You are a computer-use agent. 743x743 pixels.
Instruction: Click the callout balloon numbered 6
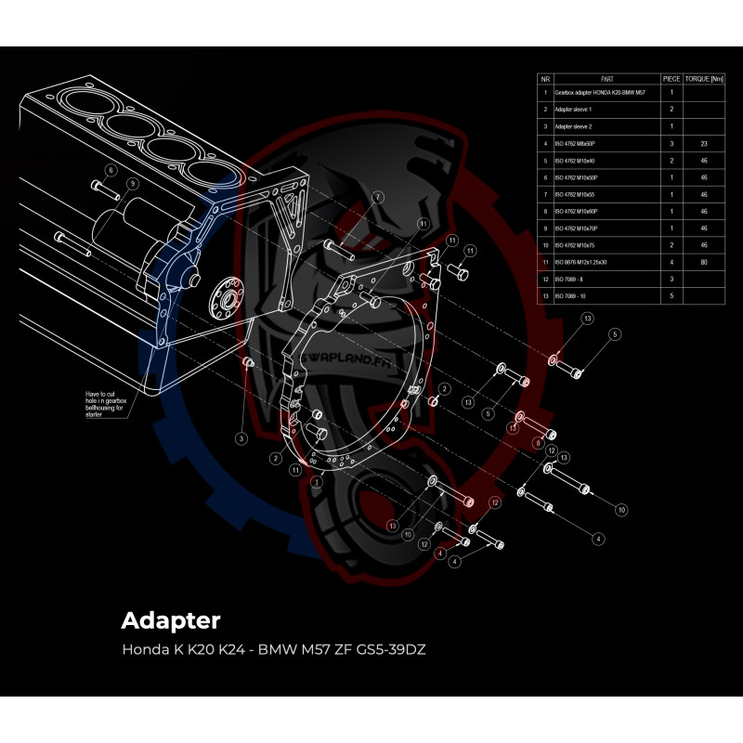point(111,171)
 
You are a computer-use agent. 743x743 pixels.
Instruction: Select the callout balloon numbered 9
point(133,183)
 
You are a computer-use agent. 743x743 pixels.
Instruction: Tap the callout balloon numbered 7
point(378,198)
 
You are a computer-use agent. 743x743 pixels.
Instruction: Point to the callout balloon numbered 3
point(241,438)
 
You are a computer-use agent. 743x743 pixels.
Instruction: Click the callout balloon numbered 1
point(317,482)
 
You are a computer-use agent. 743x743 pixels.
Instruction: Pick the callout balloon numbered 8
point(537,445)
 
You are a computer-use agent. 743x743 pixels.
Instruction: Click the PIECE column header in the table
point(672,80)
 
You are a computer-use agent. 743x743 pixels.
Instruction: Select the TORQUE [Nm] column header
point(703,80)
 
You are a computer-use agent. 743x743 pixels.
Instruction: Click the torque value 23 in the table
point(703,143)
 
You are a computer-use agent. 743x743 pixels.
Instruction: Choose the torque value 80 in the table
point(703,261)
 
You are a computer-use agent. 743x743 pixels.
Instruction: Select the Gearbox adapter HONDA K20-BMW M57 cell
point(599,93)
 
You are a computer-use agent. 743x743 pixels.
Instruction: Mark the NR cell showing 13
point(545,294)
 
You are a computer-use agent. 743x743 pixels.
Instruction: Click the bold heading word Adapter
point(171,619)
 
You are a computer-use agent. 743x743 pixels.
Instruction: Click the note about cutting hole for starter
point(106,405)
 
